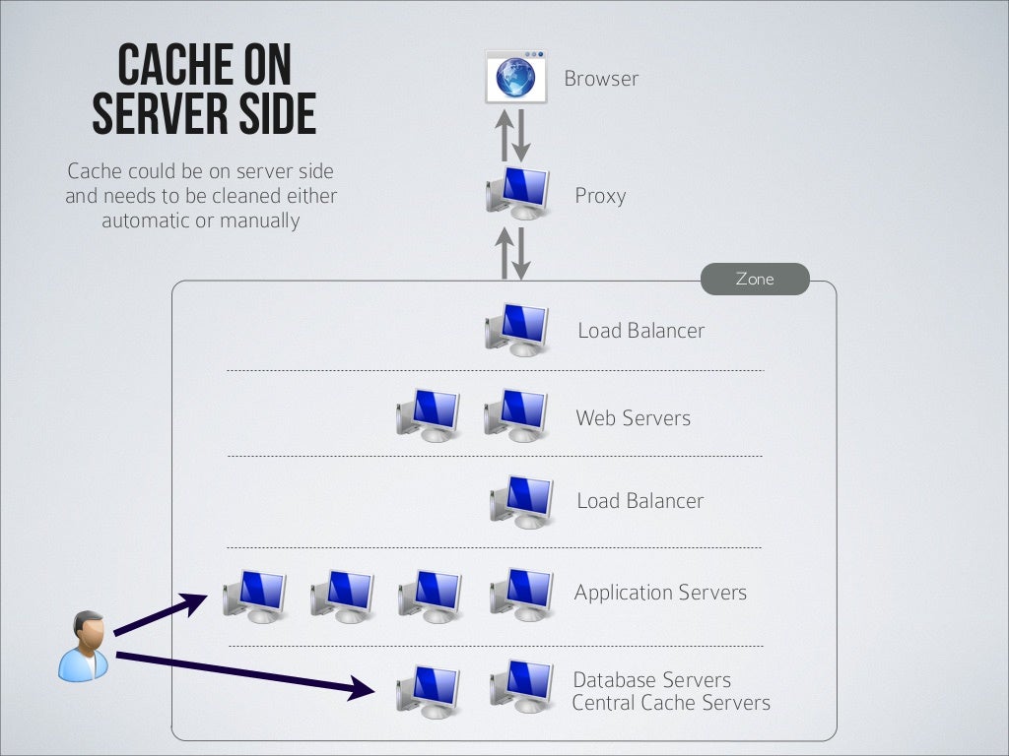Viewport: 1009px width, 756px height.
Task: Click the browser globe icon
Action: tap(515, 77)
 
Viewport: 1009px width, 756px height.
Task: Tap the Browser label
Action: tap(601, 79)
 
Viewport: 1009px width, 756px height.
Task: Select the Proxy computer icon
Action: tap(518, 192)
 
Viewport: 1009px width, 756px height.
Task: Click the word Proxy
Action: tap(600, 196)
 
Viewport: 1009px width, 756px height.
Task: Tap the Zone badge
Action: tap(755, 280)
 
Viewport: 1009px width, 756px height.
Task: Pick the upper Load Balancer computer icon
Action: tap(518, 329)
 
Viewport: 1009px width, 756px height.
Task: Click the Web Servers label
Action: tap(633, 418)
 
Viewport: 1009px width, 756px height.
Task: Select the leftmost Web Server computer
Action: tap(429, 414)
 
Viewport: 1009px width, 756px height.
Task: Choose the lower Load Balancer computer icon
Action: tap(522, 502)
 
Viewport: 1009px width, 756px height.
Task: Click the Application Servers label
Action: tap(660, 593)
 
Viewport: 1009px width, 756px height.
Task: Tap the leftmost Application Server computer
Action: tap(255, 596)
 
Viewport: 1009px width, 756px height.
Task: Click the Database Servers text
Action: tap(651, 680)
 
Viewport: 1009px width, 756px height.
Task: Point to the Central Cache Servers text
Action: tap(671, 703)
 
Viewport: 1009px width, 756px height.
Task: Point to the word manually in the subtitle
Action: tap(259, 220)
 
